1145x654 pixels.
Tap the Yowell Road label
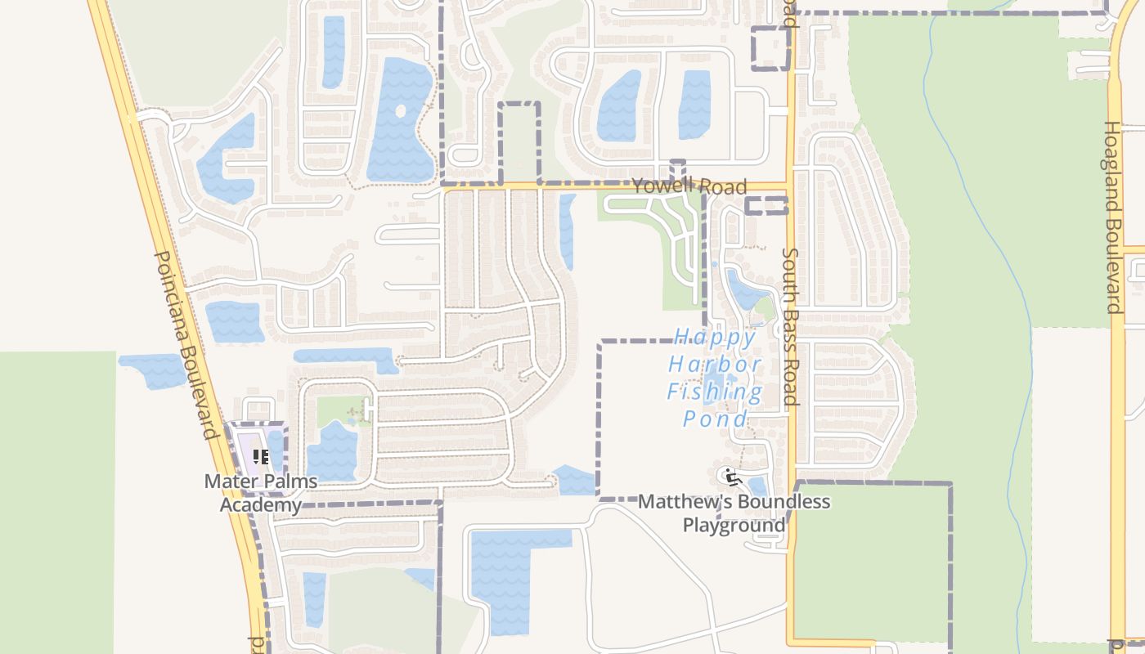click(689, 186)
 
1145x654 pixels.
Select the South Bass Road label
click(790, 327)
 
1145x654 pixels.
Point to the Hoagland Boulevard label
click(1112, 217)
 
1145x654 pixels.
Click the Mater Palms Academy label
click(261, 493)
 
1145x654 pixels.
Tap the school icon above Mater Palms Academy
click(261, 457)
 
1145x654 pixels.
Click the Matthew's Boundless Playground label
click(734, 513)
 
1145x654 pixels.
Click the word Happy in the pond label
click(704, 337)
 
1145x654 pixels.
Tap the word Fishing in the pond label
click(714, 392)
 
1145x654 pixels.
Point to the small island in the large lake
click(400, 110)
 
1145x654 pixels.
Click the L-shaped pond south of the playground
click(503, 572)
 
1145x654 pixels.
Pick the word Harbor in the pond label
click(715, 365)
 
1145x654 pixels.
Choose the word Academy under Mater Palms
click(261, 504)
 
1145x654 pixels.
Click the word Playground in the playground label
click(734, 524)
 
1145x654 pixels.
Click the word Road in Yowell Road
click(722, 188)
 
